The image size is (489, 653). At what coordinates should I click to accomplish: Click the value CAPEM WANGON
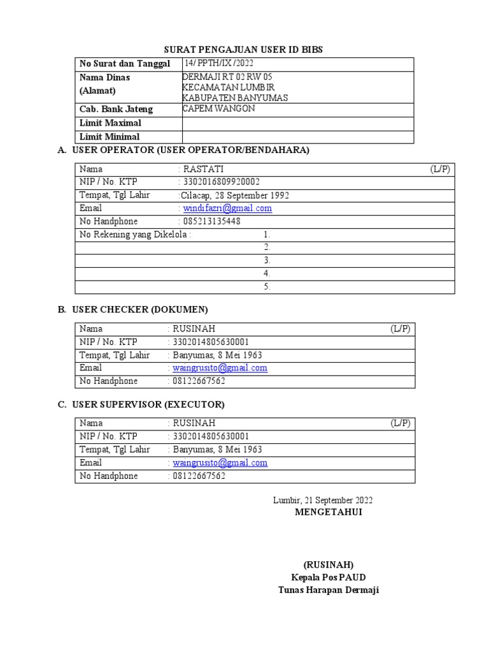tap(218, 108)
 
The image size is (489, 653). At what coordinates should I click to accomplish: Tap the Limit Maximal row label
tap(110, 123)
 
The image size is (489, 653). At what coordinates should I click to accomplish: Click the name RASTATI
tap(203, 169)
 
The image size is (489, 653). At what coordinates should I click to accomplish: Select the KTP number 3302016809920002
tap(222, 182)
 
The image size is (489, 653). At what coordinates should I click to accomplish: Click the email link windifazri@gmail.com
tap(227, 209)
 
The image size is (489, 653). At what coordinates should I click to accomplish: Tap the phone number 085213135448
tap(212, 221)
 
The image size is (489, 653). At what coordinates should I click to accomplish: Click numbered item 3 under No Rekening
tap(267, 260)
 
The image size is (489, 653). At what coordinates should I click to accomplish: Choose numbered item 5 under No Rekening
tap(267, 287)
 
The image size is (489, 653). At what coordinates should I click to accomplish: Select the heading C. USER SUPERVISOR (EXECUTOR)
tap(141, 404)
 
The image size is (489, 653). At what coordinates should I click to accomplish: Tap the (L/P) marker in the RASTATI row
tap(439, 169)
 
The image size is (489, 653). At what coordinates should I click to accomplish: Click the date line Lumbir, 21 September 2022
tap(323, 500)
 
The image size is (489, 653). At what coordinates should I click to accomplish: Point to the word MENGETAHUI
tap(328, 512)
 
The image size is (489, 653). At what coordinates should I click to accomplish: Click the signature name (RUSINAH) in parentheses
tap(328, 565)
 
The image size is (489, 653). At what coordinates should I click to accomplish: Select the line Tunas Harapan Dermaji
tap(328, 590)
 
